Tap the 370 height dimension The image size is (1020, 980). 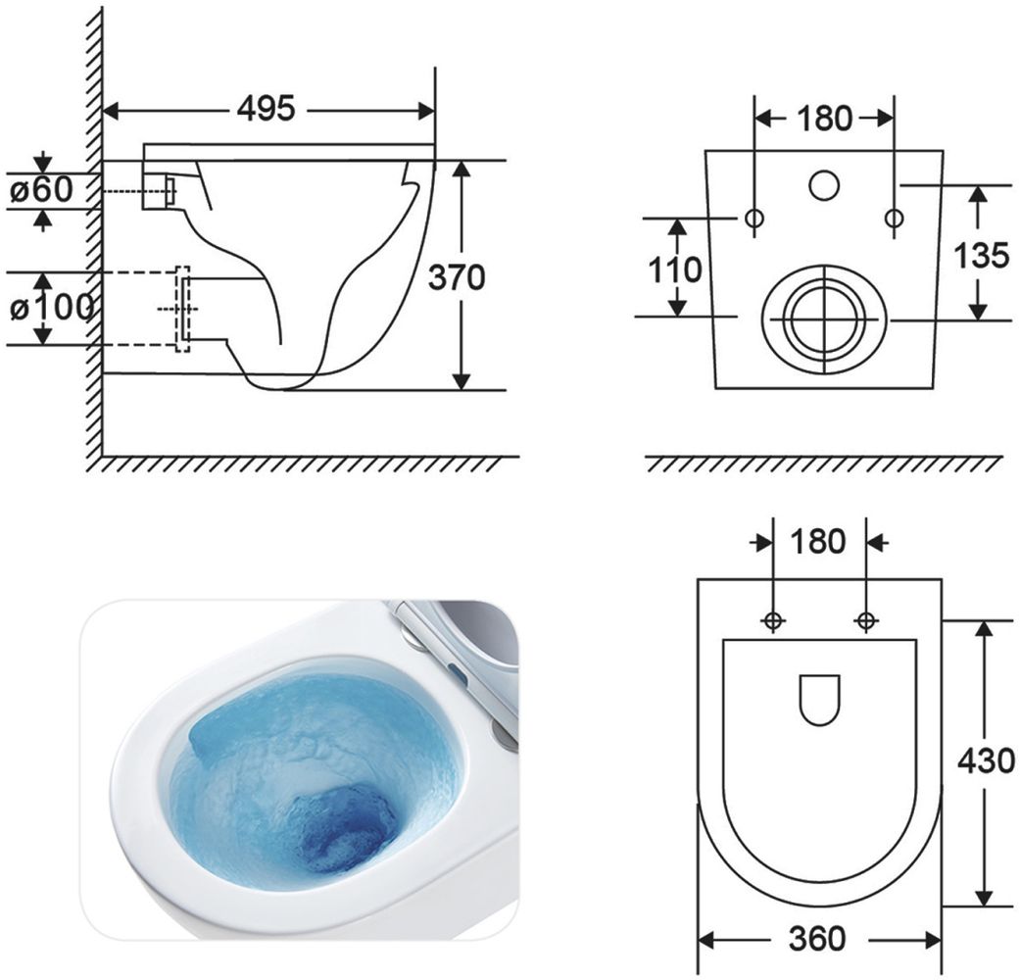(x=457, y=277)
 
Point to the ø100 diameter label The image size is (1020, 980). (x=51, y=308)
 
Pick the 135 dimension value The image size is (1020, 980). (x=981, y=255)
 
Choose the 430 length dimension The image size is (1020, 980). (x=986, y=760)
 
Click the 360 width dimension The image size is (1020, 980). (x=818, y=938)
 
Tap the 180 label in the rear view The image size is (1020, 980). (x=824, y=119)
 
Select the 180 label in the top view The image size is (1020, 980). (x=818, y=541)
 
